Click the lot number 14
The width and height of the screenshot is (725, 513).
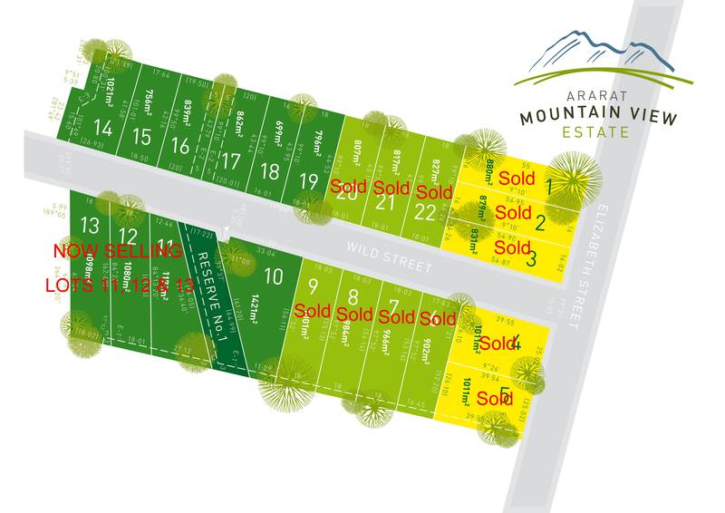[103, 129]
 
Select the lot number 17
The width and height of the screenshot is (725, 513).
[231, 161]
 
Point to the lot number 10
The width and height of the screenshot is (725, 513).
[273, 276]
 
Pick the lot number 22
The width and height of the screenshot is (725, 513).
[423, 211]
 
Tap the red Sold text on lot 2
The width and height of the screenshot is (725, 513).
[514, 212]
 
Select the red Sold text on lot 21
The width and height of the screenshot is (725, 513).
[391, 189]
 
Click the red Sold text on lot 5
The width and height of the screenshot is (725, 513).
[495, 399]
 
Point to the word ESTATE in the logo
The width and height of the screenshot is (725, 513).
[599, 131]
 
